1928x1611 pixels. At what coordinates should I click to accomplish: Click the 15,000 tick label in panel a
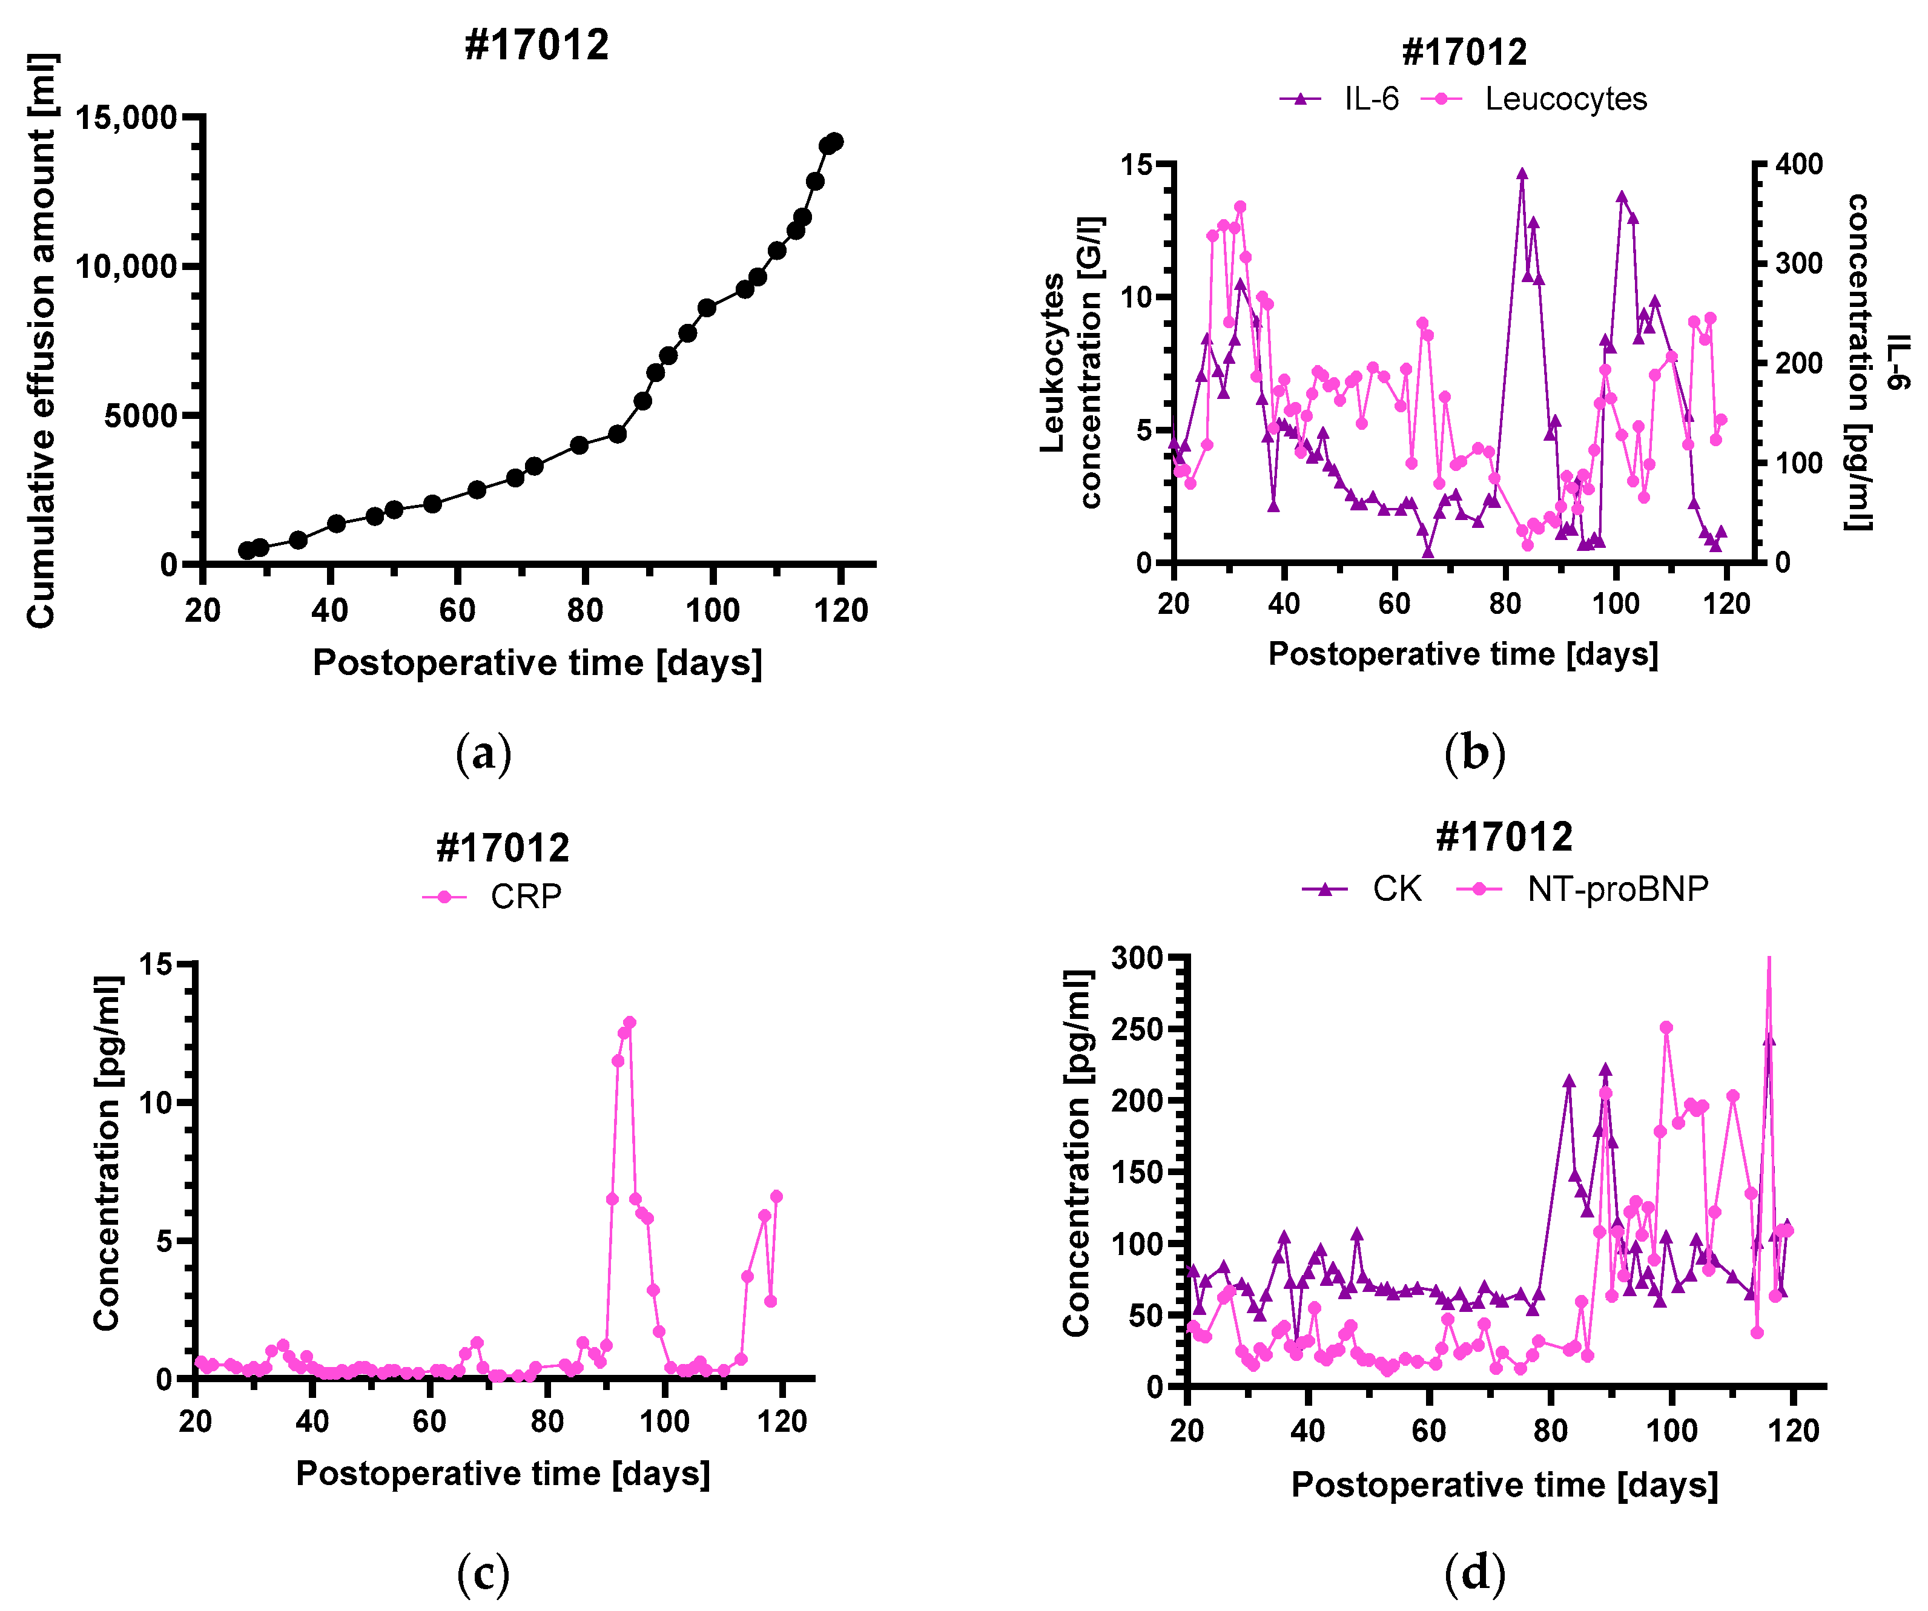click(126, 117)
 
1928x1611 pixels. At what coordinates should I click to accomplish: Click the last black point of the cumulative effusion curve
click(834, 142)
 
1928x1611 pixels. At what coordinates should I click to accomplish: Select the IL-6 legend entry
click(1341, 99)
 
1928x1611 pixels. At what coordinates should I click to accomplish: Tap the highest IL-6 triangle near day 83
click(1521, 174)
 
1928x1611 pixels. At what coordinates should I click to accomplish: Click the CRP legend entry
click(493, 896)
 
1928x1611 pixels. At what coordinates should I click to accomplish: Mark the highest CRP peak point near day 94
click(630, 1023)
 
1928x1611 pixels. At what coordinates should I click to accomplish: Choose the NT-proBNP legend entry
click(1583, 889)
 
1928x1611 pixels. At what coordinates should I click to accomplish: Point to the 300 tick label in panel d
click(1137, 957)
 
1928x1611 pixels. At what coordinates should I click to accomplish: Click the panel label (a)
click(483, 753)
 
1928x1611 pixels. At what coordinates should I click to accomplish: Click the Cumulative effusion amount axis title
click(41, 340)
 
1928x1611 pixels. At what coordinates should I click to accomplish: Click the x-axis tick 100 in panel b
click(1615, 604)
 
